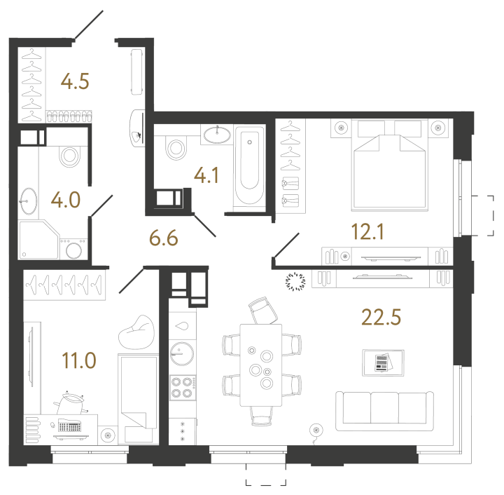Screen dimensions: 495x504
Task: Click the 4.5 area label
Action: (x=75, y=83)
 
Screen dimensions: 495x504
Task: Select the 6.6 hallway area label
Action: (x=164, y=239)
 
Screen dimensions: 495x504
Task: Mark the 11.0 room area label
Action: (x=77, y=361)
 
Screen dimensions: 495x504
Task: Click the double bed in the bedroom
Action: (x=390, y=168)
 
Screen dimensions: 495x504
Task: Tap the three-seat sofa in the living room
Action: (x=384, y=411)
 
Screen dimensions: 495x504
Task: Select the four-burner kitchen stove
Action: (x=183, y=387)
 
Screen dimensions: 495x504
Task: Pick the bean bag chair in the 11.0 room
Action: (x=132, y=339)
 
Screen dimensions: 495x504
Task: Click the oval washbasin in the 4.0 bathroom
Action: (x=29, y=200)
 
